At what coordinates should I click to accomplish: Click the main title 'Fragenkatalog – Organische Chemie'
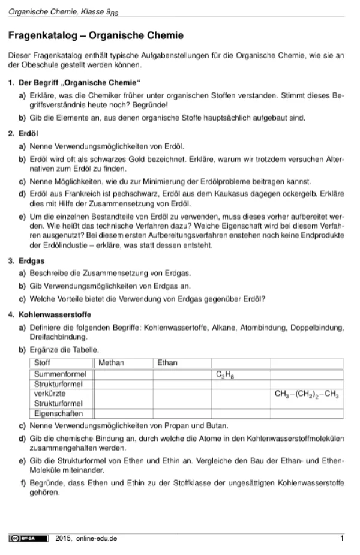click(x=96, y=37)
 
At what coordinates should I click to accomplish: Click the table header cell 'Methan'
click(x=111, y=363)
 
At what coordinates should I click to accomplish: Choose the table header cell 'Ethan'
click(x=167, y=363)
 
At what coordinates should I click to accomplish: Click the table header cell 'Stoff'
click(x=43, y=363)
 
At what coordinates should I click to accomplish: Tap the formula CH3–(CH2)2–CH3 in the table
click(x=307, y=394)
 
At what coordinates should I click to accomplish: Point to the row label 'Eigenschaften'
click(x=58, y=413)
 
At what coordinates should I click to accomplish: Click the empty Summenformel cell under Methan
click(x=123, y=374)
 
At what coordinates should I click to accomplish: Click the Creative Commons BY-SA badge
click(x=28, y=538)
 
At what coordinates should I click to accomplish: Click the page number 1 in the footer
click(x=341, y=538)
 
